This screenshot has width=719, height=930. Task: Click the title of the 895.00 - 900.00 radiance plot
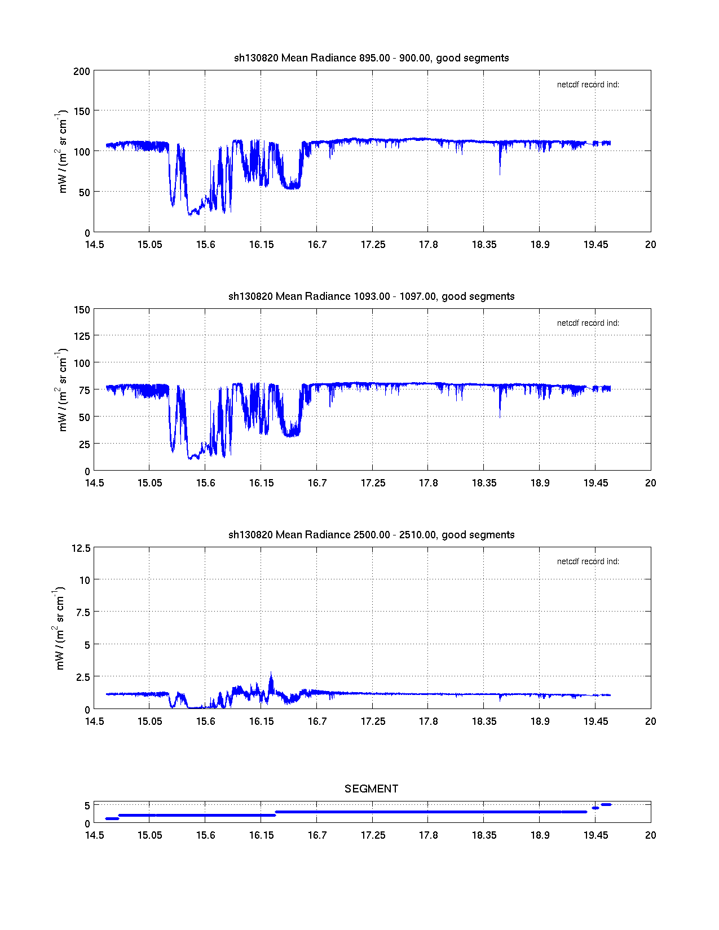click(372, 58)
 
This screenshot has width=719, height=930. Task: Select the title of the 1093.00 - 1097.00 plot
click(372, 296)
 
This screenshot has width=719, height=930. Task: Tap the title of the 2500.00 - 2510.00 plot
click(372, 535)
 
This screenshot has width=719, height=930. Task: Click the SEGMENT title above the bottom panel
click(372, 789)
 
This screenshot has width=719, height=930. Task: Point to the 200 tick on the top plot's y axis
click(82, 72)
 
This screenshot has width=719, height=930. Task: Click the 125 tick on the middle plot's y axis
click(82, 336)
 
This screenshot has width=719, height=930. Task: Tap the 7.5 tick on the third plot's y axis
click(83, 613)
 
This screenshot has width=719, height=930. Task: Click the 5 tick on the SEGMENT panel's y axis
click(87, 806)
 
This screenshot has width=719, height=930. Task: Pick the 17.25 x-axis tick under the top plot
click(373, 245)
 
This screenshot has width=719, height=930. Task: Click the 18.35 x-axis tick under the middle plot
click(484, 483)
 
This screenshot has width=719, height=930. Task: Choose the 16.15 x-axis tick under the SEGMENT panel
click(261, 835)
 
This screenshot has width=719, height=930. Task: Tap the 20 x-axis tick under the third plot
click(651, 721)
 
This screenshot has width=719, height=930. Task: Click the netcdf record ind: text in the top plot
click(588, 85)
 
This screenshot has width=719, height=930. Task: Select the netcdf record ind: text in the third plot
click(588, 562)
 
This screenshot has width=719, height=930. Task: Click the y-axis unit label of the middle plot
click(61, 390)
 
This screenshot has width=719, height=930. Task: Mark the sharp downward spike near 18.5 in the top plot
click(500, 169)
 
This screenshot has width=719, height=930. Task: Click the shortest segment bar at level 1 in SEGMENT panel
click(112, 818)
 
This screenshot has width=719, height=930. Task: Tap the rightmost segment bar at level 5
click(606, 805)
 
